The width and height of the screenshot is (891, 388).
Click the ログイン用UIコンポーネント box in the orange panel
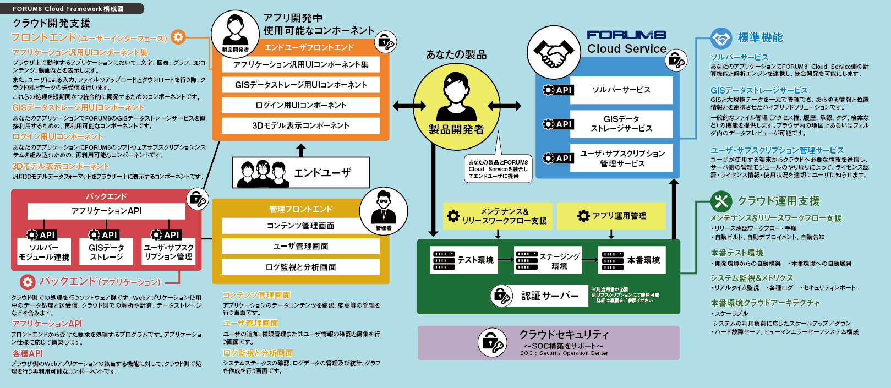coord(301,105)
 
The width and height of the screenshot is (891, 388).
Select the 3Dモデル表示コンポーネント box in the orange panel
coord(301,125)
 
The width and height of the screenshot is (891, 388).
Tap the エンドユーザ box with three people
coord(300,173)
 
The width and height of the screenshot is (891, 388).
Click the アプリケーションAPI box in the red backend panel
coord(106,211)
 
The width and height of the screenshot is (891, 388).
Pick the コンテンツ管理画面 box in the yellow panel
coord(300,226)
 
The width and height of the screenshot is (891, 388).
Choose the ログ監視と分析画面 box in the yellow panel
coord(300,267)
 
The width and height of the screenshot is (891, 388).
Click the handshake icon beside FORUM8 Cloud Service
coord(553,53)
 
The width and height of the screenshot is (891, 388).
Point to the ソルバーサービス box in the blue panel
coord(621,90)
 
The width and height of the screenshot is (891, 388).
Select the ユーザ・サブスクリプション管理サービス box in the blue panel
coord(621,159)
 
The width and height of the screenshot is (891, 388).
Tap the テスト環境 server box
coord(463,260)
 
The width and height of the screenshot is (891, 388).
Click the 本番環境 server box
coord(631,260)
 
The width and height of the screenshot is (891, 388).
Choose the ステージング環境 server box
coord(548,260)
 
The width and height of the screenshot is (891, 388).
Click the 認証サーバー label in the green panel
coord(550,296)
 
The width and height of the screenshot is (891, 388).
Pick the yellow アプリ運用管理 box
coord(611,216)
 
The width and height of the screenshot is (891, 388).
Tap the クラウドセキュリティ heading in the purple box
coord(564,335)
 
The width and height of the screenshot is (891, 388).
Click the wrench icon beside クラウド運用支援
coord(720,201)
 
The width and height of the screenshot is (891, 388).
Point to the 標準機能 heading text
coord(760,37)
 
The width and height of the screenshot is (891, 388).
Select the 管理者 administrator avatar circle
coord(384,211)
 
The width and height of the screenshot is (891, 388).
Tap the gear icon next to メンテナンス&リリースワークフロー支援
coord(453,216)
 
